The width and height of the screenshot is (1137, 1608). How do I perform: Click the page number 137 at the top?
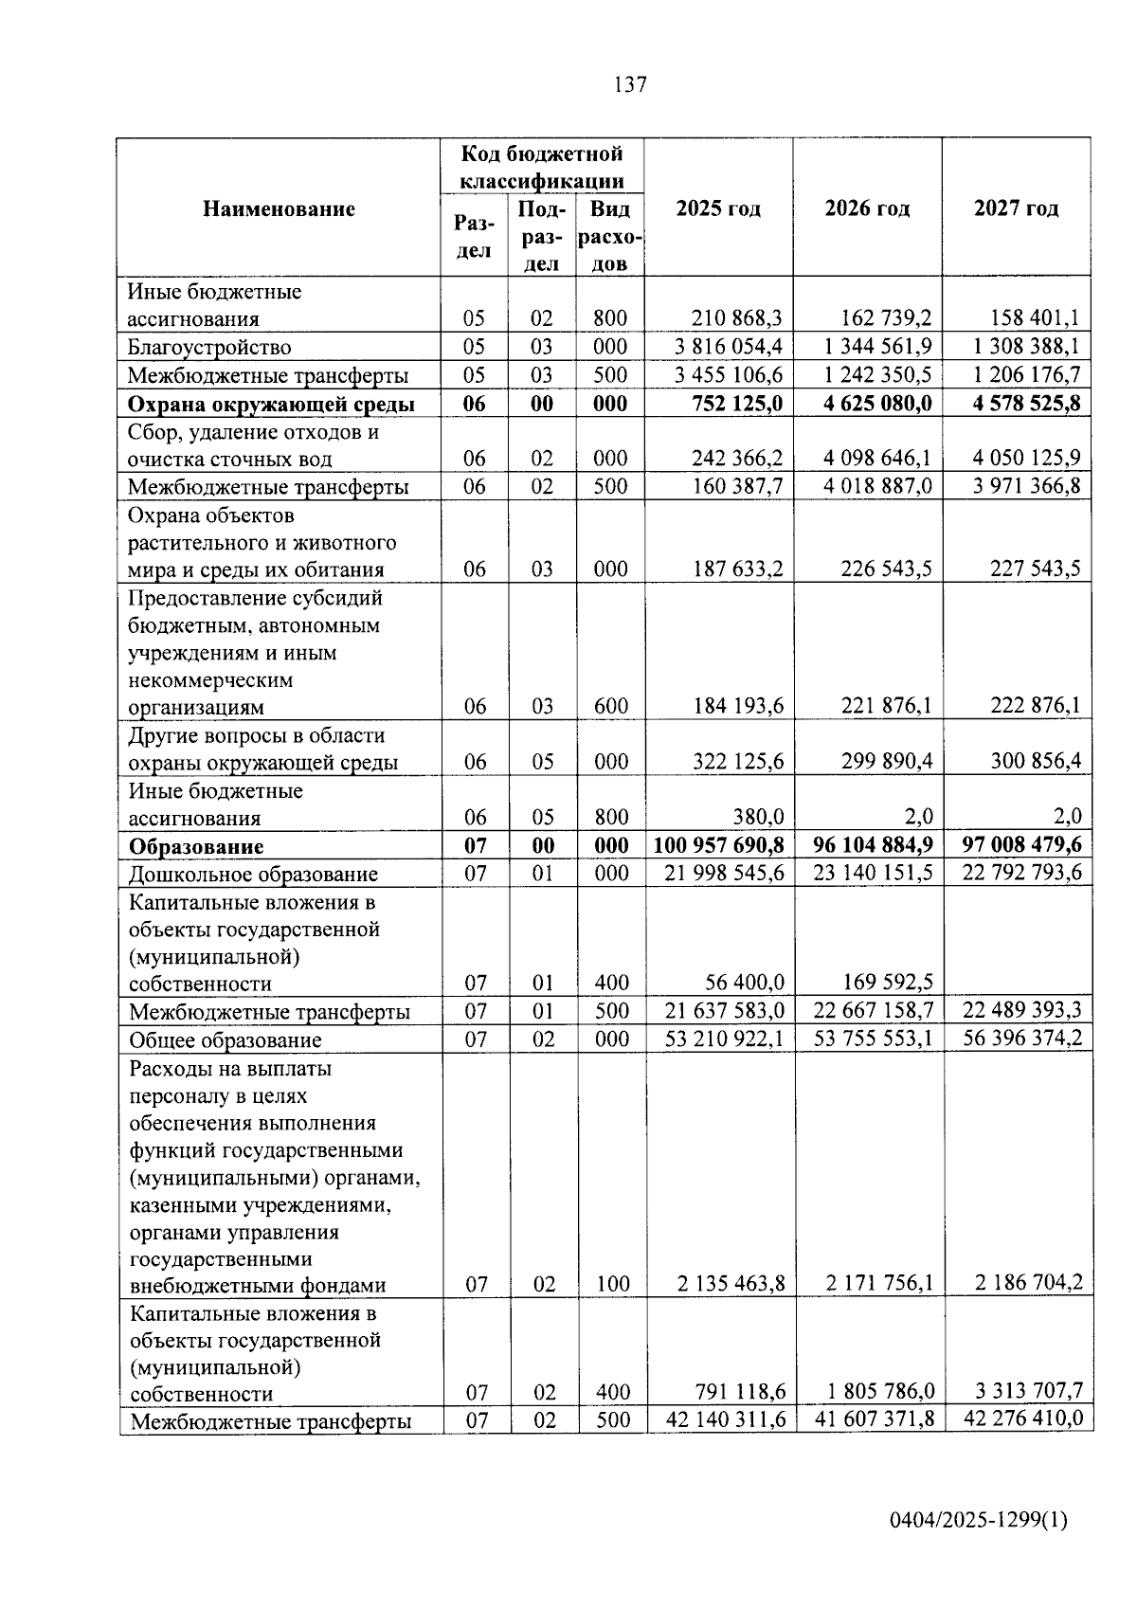[x=630, y=84]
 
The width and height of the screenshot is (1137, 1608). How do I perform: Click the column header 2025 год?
[x=718, y=208]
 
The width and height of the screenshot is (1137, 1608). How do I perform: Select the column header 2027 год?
[x=1016, y=208]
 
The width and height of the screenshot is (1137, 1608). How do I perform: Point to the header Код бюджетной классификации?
[x=542, y=167]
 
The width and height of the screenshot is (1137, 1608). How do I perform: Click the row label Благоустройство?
[x=209, y=347]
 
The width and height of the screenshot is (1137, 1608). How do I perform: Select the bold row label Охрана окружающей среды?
[x=271, y=404]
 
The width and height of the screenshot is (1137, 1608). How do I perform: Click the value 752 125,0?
[x=737, y=404]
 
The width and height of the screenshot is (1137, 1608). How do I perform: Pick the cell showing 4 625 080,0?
[x=877, y=404]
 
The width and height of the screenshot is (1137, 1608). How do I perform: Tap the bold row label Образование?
[x=196, y=846]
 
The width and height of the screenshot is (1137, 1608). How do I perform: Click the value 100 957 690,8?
[x=719, y=844]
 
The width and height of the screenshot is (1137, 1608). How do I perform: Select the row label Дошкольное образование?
[x=253, y=874]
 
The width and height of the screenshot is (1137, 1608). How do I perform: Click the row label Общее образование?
[x=226, y=1039]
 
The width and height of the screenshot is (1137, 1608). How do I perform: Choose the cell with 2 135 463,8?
[x=731, y=1284]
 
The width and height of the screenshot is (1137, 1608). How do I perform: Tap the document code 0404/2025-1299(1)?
[x=978, y=1521]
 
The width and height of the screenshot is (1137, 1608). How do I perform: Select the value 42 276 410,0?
[x=1022, y=1419]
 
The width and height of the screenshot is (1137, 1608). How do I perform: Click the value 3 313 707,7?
[x=1029, y=1391]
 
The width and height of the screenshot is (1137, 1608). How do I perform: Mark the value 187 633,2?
[x=738, y=569]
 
